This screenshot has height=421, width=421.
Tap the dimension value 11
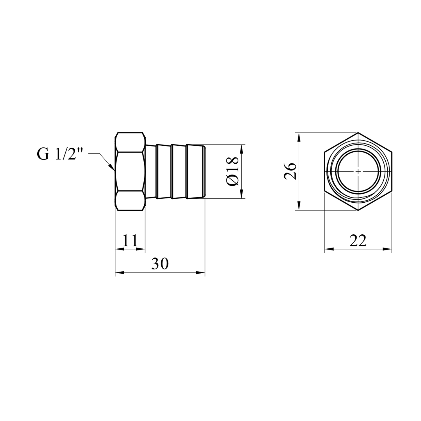click(x=130, y=240)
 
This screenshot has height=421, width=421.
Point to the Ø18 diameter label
click(x=232, y=171)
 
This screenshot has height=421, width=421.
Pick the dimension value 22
click(x=358, y=240)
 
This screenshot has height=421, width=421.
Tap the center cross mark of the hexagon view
click(x=358, y=171)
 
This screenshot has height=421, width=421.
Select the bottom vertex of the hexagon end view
click(x=358, y=210)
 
